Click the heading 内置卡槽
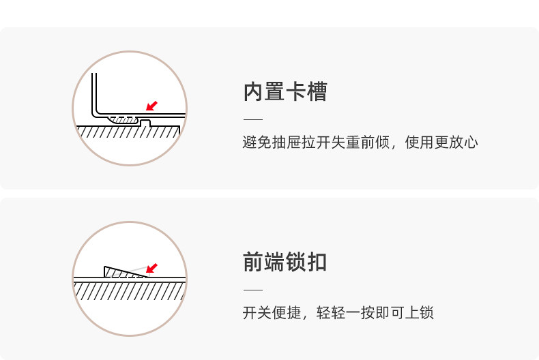point(285,91)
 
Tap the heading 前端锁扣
point(285,262)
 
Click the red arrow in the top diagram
point(152,106)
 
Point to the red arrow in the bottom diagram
point(151,268)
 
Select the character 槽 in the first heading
point(317,91)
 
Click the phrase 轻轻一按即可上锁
point(375,313)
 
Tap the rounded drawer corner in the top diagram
point(97,110)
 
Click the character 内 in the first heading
point(254,91)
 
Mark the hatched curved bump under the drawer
point(126,120)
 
